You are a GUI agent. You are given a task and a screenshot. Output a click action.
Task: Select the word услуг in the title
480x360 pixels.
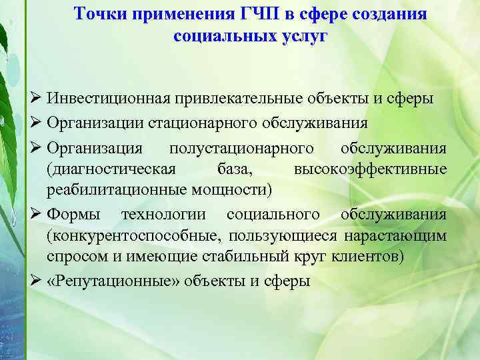point(303,35)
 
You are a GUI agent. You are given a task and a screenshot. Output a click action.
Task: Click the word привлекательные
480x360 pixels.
point(240,99)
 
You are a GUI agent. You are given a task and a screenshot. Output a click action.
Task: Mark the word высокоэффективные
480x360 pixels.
point(371,169)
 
